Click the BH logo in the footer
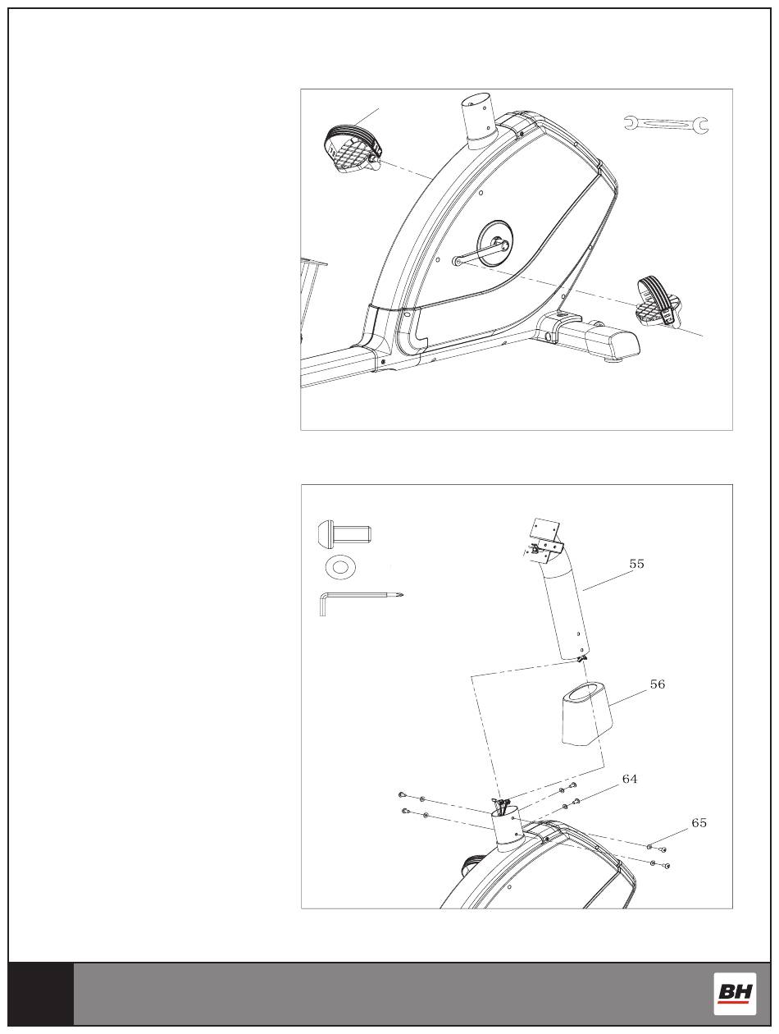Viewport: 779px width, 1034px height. tap(735, 993)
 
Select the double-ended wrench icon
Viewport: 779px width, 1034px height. tap(665, 125)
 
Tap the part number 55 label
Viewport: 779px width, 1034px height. tap(636, 564)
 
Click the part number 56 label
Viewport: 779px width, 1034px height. tap(657, 684)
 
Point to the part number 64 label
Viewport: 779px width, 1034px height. tap(629, 779)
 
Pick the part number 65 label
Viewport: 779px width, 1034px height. tap(699, 822)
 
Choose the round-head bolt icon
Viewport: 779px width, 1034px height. tap(344, 534)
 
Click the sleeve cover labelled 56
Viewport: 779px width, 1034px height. tap(587, 714)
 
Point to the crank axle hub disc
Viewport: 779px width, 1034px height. tap(495, 243)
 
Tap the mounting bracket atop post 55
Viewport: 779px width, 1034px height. tap(547, 537)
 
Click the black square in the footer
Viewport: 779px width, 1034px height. tap(41, 993)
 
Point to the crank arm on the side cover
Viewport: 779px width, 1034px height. tap(474, 254)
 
